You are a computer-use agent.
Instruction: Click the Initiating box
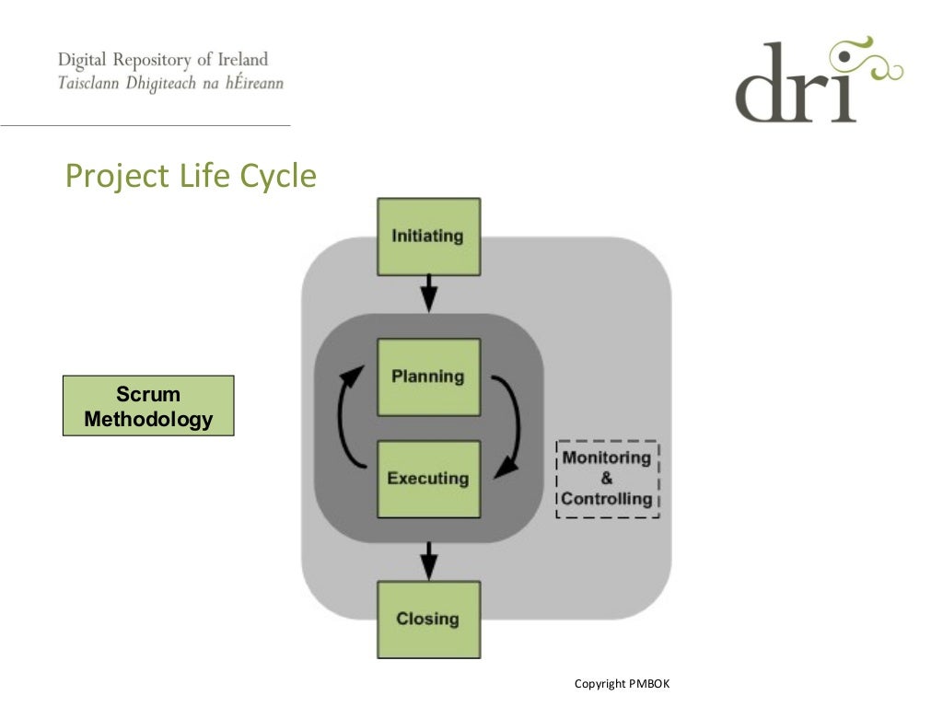pyautogui.click(x=428, y=237)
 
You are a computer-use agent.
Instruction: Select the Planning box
pyautogui.click(x=428, y=377)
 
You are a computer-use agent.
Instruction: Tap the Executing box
pyautogui.click(x=428, y=479)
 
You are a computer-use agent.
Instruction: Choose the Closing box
pyautogui.click(x=428, y=619)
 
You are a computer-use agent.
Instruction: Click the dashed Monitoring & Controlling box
pyautogui.click(x=607, y=479)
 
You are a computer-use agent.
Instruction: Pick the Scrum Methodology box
pyautogui.click(x=148, y=406)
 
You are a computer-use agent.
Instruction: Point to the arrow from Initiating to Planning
pyautogui.click(x=428, y=294)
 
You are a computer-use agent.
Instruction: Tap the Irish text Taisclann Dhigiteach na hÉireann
pyautogui.click(x=170, y=83)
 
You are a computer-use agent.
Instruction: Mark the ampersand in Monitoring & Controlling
pyautogui.click(x=607, y=479)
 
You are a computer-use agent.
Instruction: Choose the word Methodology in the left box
pyautogui.click(x=148, y=420)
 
